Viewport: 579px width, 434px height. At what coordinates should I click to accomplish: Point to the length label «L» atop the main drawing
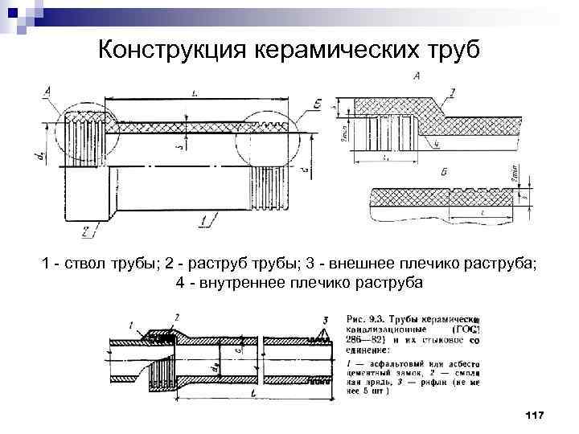point(195,92)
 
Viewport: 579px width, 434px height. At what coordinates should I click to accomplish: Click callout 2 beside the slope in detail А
point(452,95)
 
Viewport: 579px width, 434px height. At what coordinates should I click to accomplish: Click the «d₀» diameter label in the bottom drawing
point(214,368)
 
